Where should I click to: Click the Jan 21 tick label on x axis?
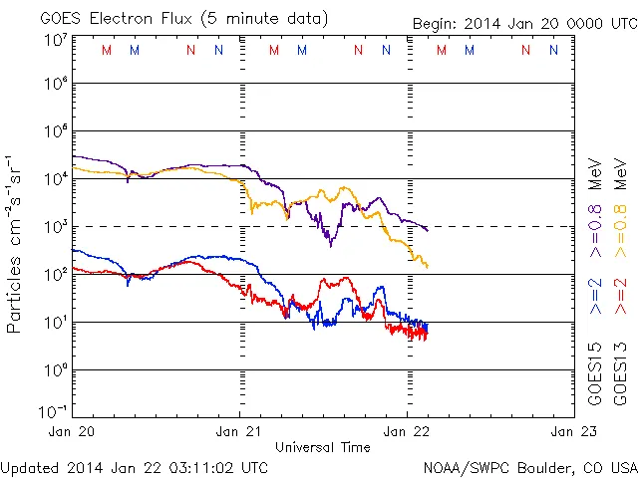(x=240, y=431)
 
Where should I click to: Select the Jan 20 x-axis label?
(x=74, y=431)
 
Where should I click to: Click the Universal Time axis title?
(x=323, y=447)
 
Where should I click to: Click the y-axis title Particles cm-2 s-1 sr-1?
(x=15, y=244)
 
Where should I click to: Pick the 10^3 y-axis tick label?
(x=55, y=227)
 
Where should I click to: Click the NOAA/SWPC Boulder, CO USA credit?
(x=529, y=466)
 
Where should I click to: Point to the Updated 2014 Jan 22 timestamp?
(x=135, y=466)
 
